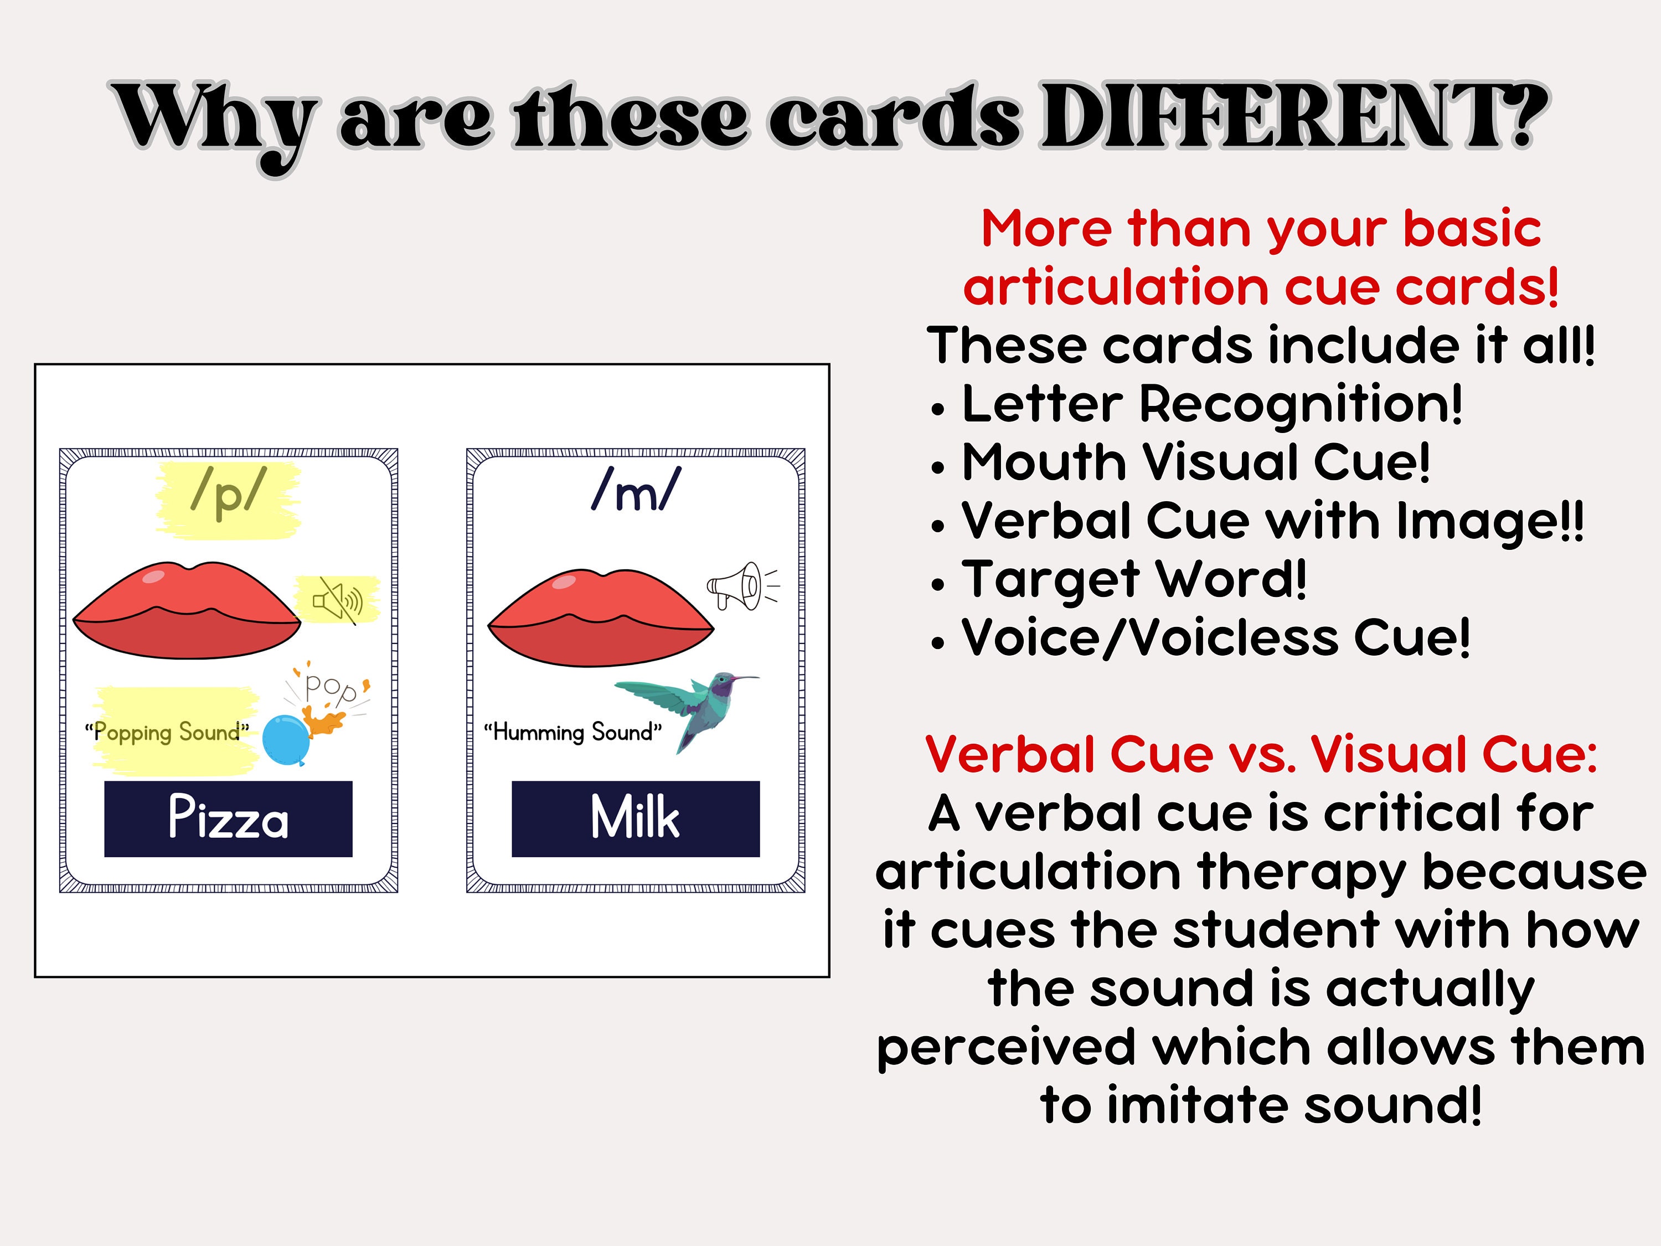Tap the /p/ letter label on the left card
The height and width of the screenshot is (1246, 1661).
[228, 493]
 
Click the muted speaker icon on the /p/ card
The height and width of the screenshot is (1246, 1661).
[338, 600]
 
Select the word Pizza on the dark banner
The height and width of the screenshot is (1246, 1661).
[228, 818]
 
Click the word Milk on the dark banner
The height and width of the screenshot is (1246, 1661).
[635, 817]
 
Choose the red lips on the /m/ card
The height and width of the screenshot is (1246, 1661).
[601, 618]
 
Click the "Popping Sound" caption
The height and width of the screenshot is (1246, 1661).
[167, 732]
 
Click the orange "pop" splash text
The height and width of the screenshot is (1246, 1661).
[331, 688]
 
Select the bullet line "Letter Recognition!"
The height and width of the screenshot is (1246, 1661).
[1196, 405]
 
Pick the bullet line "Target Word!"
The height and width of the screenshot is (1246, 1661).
[1119, 580]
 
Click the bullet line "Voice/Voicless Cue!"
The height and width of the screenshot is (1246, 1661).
[1200, 639]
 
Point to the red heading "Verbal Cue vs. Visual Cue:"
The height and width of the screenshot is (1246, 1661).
[1261, 754]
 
